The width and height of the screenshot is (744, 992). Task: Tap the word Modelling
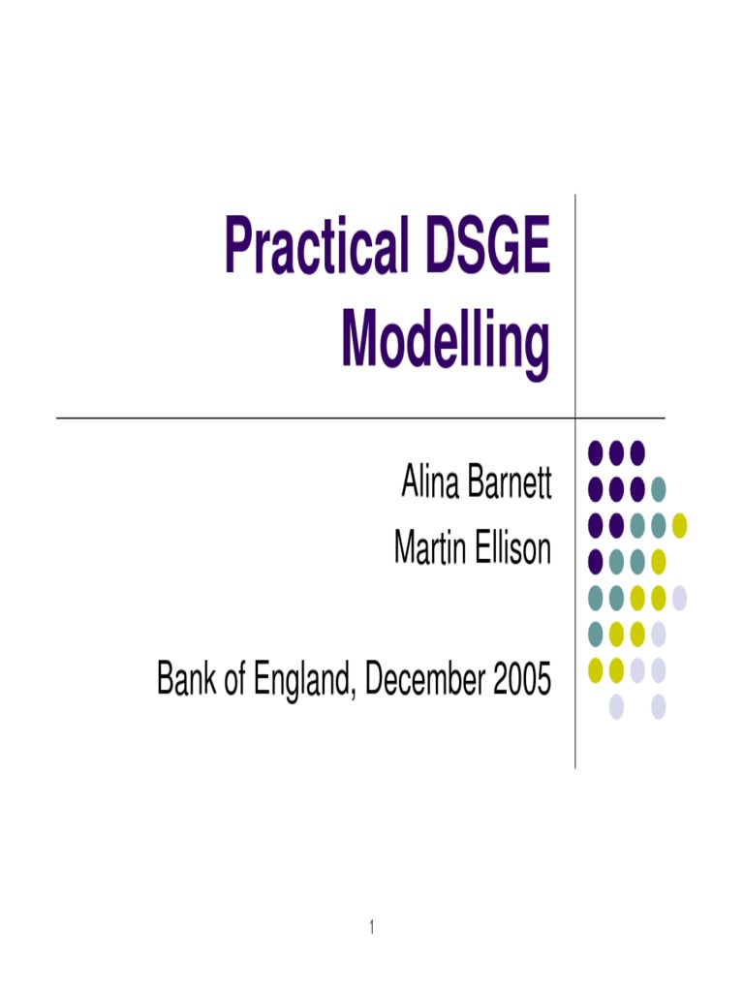coord(446,341)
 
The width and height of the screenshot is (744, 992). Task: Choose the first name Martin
coord(424,548)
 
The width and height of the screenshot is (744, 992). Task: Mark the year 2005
coord(521,680)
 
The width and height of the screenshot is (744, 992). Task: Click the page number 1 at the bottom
coord(371,927)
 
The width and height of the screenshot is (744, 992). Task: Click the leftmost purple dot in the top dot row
coord(595,451)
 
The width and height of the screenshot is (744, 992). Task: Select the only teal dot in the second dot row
coord(658,487)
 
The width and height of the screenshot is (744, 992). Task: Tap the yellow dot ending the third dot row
coord(679,524)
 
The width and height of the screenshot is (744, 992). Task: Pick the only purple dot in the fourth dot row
coord(595,560)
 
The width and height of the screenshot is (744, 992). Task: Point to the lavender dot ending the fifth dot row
coord(679,597)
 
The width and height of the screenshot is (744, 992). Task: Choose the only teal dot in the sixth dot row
coord(595,633)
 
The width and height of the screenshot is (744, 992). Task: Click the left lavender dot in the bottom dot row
coord(616,706)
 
